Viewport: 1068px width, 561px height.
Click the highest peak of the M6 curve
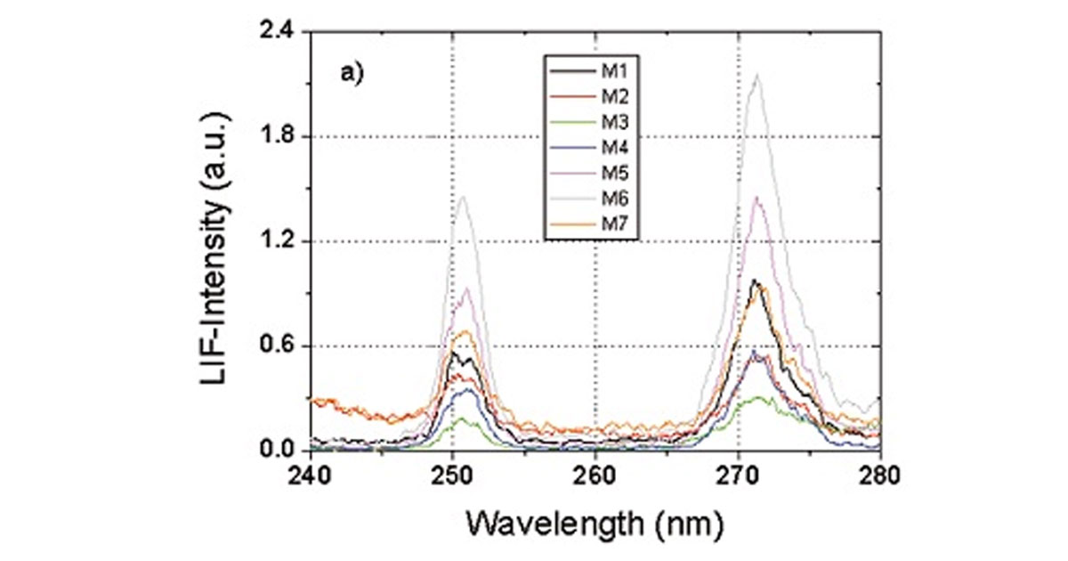point(757,75)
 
